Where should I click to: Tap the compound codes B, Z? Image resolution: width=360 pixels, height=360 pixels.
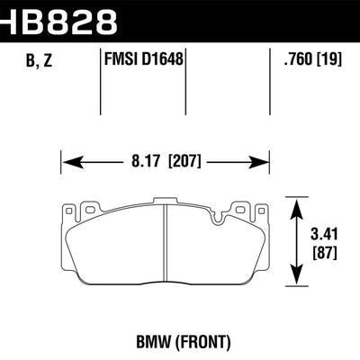(31, 60)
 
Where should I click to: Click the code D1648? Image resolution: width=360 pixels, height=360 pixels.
(160, 60)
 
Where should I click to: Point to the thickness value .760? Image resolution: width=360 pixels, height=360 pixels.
(297, 60)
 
